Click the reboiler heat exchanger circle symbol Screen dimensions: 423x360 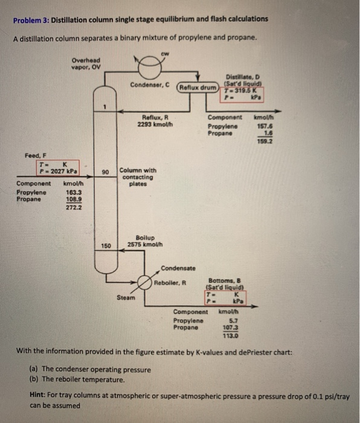tap(144, 282)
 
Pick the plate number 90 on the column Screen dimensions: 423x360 tap(105, 173)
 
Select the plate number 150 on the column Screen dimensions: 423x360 tap(106, 245)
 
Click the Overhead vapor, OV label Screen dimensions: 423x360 tap(83, 63)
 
